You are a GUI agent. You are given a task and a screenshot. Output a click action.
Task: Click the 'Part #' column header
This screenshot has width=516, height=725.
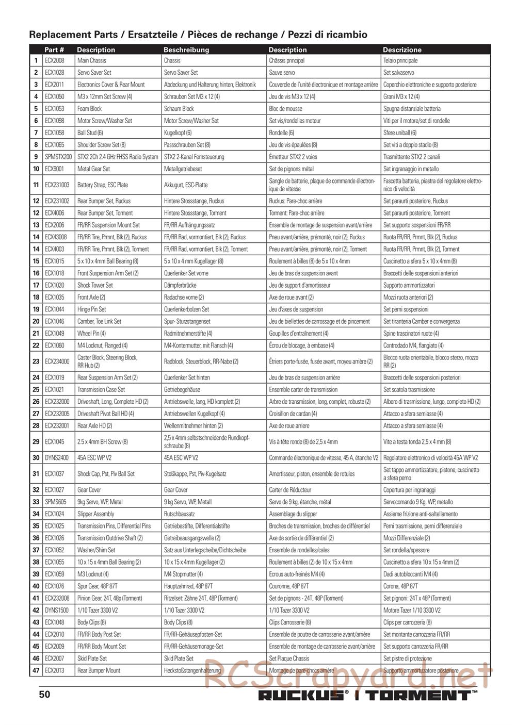(54, 50)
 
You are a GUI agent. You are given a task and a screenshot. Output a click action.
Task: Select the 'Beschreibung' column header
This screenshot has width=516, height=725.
(186, 50)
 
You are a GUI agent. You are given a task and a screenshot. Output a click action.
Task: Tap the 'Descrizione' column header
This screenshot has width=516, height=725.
(402, 50)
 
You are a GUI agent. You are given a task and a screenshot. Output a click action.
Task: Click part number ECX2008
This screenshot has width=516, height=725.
(54, 61)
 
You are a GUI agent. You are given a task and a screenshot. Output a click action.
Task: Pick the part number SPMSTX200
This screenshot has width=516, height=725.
(58, 157)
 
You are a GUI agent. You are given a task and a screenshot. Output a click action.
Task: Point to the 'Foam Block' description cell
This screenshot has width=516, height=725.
(90, 109)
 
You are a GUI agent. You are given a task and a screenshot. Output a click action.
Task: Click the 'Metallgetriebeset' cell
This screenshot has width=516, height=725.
(183, 169)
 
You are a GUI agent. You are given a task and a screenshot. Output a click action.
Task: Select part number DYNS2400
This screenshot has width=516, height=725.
(56, 458)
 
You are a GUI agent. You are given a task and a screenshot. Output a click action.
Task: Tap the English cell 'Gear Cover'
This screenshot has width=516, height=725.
(89, 490)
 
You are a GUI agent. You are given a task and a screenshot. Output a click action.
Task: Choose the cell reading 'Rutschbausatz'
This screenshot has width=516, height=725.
(180, 514)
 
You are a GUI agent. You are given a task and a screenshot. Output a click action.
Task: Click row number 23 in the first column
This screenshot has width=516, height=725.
(36, 361)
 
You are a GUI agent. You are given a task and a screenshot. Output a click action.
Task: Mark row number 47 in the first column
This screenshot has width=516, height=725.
(36, 671)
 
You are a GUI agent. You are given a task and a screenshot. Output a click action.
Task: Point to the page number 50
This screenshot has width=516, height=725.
(45, 694)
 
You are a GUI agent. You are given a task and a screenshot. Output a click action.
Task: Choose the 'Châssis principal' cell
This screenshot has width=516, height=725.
(287, 61)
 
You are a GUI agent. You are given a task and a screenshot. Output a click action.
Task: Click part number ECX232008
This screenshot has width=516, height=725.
(57, 599)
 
